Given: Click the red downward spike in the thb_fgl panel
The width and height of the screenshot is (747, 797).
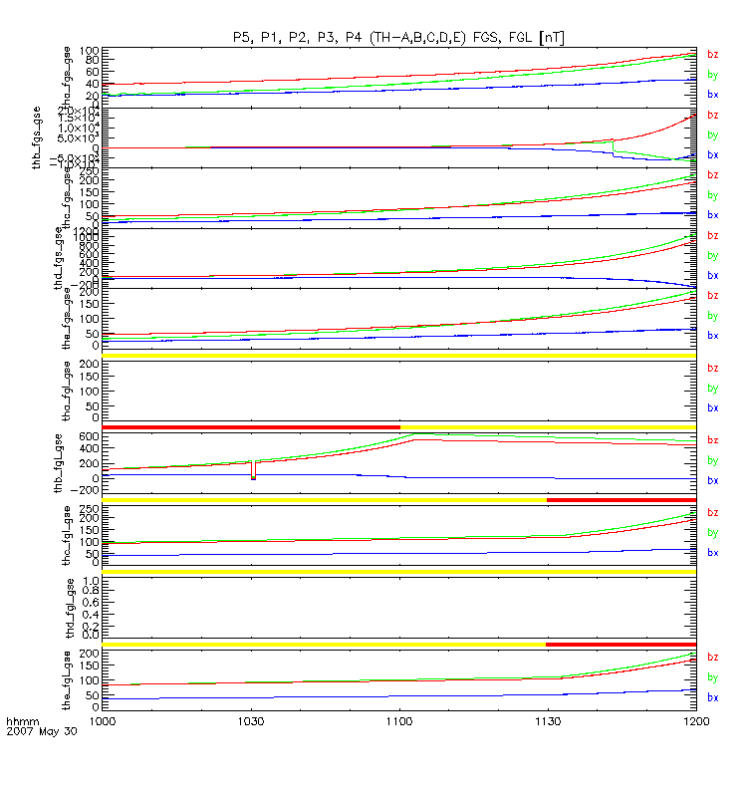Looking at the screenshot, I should click(x=253, y=470).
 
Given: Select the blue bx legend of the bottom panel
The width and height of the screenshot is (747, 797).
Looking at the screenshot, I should click(x=712, y=696).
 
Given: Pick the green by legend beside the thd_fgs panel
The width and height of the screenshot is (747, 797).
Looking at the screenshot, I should click(x=712, y=255).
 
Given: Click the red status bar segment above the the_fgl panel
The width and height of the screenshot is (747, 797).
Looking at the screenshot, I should click(x=621, y=644).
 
